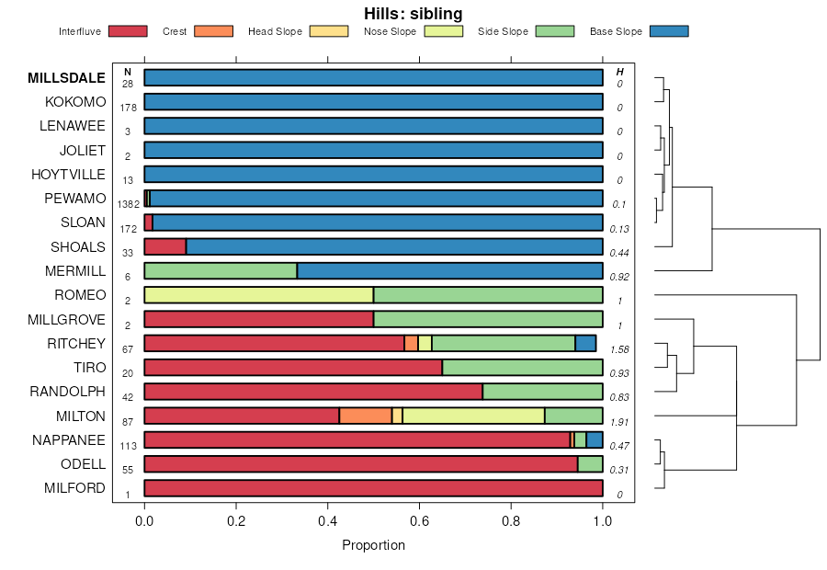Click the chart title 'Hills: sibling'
pos(413,14)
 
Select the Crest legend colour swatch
pos(212,31)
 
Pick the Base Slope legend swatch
pos(668,31)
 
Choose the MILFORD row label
pos(74,488)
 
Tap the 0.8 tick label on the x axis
pos(511,520)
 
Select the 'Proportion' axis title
pos(373,545)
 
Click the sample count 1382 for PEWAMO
pos(128,204)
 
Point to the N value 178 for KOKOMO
pos(128,108)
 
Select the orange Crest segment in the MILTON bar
pos(366,416)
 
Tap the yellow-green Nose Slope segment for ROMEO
pos(258,294)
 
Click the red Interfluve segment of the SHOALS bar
pos(165,246)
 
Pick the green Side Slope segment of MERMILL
pos(221,270)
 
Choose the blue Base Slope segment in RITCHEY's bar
pos(585,343)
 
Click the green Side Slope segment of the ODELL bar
pos(590,464)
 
